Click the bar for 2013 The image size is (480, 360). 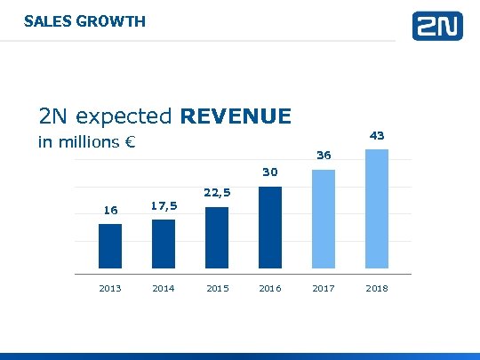pos(110,245)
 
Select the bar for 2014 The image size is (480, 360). pos(164,244)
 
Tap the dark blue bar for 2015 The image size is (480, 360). pos(217,237)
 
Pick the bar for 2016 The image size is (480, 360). pos(270,227)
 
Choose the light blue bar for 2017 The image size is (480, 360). pos(324,218)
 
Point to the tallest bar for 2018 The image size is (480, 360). pos(377,208)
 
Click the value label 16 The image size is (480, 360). pos(110,211)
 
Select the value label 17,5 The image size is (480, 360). pos(164,205)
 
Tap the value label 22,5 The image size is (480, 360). pos(217,192)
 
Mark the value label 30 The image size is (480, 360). pos(270,172)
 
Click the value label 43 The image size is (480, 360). pos(377,135)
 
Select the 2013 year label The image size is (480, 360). pos(110,288)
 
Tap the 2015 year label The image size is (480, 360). pos(217,288)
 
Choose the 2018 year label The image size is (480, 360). pos(377,288)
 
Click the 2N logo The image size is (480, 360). pos(437,26)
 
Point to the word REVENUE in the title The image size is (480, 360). pos(236,116)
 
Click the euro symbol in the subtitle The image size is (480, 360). pos(129,142)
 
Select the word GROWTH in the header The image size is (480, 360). pos(111,20)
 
